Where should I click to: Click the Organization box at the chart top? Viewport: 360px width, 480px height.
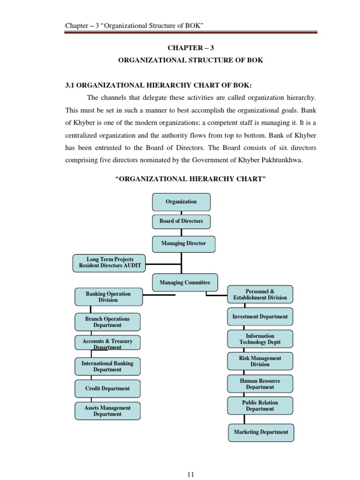tap(181, 202)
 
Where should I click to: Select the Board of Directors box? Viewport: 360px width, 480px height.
tap(181, 221)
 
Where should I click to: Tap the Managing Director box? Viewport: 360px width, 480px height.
tap(183, 244)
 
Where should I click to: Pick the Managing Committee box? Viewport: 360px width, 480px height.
tap(185, 283)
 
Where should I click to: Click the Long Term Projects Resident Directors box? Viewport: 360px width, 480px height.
tap(110, 262)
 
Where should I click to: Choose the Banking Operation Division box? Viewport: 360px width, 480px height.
tap(108, 297)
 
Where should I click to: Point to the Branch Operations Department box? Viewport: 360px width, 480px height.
tap(107, 322)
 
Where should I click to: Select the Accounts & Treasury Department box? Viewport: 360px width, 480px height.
tap(107, 343)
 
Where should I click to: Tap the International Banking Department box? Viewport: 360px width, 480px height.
tap(107, 367)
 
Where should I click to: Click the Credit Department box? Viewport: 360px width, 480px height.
tap(107, 389)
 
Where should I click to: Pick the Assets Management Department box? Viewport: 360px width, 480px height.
tap(107, 411)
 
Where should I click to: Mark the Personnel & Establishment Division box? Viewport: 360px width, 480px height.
tap(260, 294)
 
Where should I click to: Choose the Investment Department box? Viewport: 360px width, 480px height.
tap(260, 317)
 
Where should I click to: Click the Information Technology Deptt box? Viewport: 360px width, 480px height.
tap(260, 339)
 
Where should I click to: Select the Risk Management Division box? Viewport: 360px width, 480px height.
tap(260, 361)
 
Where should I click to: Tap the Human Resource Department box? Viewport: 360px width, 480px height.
tap(260, 384)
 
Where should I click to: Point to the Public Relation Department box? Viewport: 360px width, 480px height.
tap(260, 405)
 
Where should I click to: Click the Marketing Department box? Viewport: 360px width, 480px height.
tap(261, 432)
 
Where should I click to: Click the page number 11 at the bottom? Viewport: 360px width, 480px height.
tap(190, 474)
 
